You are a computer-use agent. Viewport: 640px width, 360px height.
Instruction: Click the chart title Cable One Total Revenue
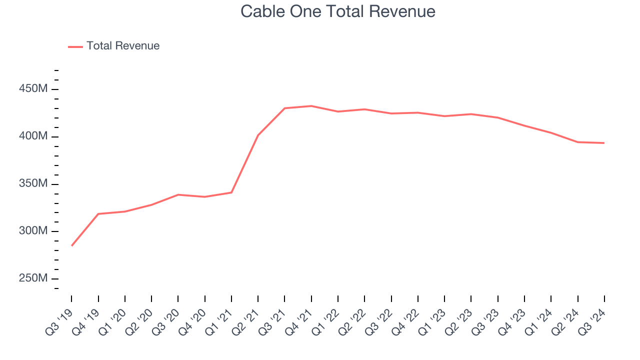pyautogui.click(x=338, y=11)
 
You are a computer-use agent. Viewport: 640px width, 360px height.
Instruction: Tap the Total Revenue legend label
pyautogui.click(x=123, y=46)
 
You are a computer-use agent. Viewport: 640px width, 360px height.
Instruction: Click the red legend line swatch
pyautogui.click(x=75, y=46)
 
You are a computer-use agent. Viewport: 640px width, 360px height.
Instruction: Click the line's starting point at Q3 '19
pyautogui.click(x=71, y=245)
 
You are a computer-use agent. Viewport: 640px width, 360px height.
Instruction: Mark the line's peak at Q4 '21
pyautogui.click(x=311, y=106)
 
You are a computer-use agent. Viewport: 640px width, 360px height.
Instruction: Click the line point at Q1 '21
pyautogui.click(x=231, y=192)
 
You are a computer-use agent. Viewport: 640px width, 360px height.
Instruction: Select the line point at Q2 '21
pyautogui.click(x=258, y=135)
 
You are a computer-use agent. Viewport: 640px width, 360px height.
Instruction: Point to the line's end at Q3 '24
pyautogui.click(x=604, y=143)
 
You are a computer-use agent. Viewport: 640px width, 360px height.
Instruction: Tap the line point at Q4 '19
pyautogui.click(x=98, y=214)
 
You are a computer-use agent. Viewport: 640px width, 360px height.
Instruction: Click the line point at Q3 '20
pyautogui.click(x=178, y=194)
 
